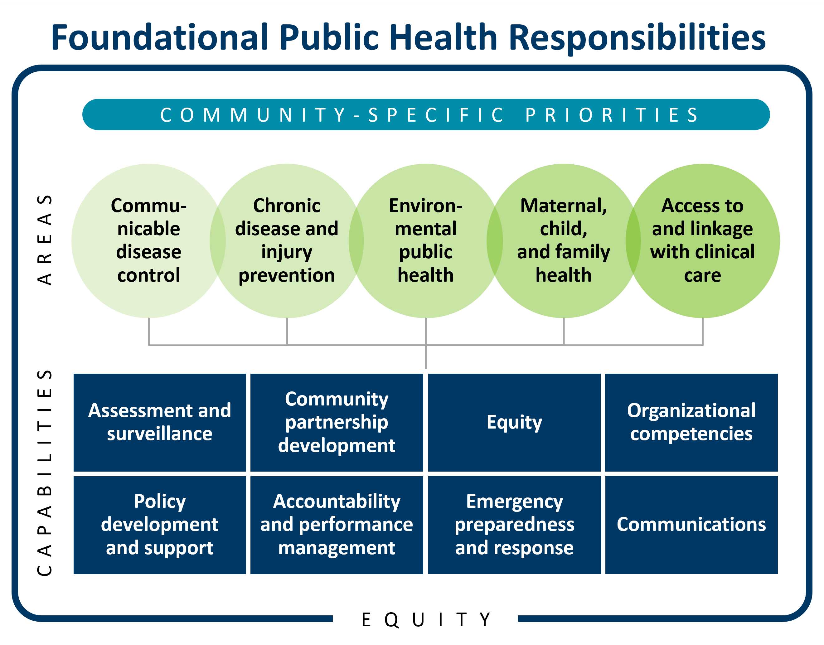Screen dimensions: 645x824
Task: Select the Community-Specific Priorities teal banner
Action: coord(426,114)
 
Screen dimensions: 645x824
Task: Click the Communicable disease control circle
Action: coord(148,240)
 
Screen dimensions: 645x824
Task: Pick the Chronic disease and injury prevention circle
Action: coord(287,240)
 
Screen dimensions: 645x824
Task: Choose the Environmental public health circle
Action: coord(426,240)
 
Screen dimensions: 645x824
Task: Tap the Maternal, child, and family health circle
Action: coord(564,240)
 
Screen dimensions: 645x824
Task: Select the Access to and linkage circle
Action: coord(702,240)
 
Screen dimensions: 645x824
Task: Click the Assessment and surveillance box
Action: coord(159,422)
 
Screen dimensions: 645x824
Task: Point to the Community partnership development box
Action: coord(337,422)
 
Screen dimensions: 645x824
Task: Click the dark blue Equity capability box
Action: coord(514,422)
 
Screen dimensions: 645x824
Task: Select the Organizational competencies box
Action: coord(691,422)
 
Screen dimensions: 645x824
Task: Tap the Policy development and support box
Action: coord(159,525)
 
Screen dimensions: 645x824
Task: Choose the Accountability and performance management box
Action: coord(337,525)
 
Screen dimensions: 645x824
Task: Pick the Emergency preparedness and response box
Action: coord(514,525)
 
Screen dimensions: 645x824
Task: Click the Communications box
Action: coord(691,525)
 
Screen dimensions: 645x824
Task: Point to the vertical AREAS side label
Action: coord(45,240)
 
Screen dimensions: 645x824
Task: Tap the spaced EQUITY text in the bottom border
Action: coord(426,620)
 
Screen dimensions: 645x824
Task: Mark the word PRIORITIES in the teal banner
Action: coord(612,115)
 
